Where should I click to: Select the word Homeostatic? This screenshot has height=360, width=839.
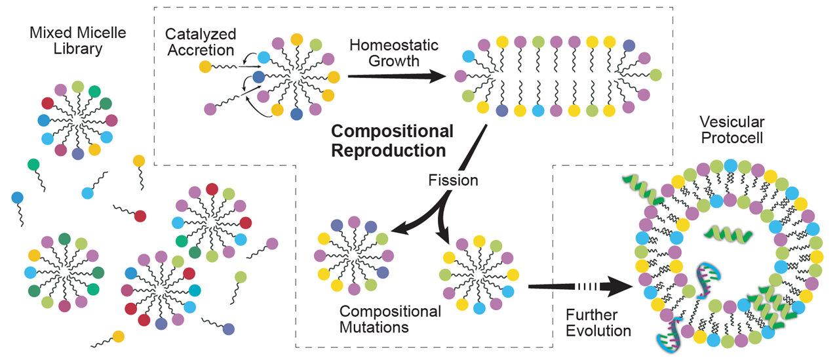coord(393,45)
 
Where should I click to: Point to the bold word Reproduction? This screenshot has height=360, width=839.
coord(389,150)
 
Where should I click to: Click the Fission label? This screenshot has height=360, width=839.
coord(453,179)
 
